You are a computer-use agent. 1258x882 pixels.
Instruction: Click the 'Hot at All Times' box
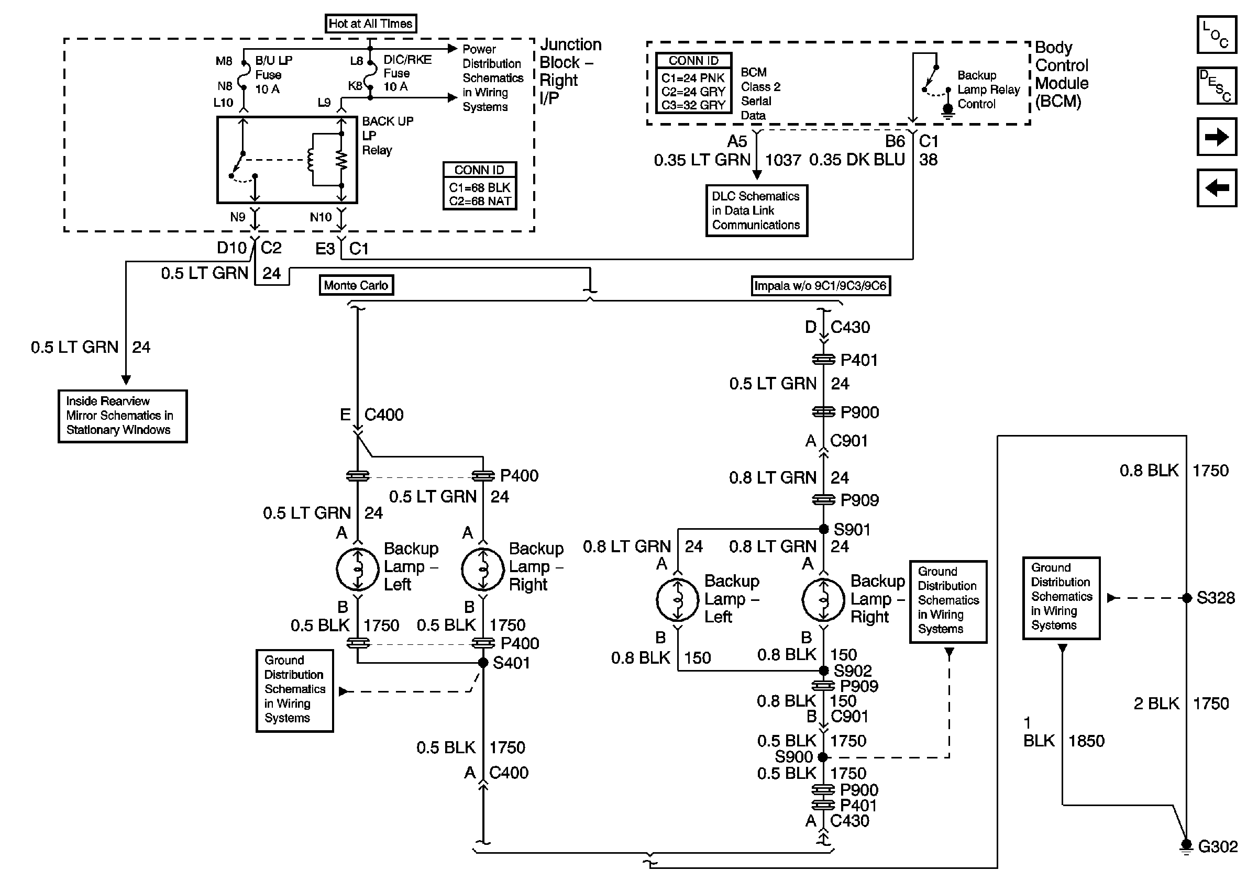370,24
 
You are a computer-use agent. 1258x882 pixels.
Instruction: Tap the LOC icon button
1216,35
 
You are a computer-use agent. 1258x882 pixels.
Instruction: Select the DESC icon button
1216,85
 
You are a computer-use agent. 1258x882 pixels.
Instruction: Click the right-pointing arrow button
1216,136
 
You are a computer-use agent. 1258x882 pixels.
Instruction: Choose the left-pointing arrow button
1216,188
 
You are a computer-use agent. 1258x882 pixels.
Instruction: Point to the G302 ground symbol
1186,846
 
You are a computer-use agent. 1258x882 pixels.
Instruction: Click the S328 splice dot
1187,598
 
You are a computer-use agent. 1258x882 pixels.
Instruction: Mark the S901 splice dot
823,529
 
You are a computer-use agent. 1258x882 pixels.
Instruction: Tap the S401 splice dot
483,663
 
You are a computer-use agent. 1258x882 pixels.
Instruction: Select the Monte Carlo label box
356,285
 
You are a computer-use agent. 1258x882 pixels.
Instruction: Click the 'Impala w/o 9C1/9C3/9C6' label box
820,286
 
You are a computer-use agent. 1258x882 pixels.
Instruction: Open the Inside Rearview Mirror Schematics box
123,416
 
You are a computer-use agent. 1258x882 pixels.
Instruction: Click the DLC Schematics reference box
757,211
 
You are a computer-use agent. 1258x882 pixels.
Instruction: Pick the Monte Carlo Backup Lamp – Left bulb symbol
358,570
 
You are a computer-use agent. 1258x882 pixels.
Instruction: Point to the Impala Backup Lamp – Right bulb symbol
823,600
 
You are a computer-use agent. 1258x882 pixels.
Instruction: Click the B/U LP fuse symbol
244,74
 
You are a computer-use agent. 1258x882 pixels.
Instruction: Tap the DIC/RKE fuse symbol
370,73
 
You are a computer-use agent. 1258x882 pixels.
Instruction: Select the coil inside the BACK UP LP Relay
311,160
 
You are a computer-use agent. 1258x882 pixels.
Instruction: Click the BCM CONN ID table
693,83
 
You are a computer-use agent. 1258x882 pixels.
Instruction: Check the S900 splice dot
822,757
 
